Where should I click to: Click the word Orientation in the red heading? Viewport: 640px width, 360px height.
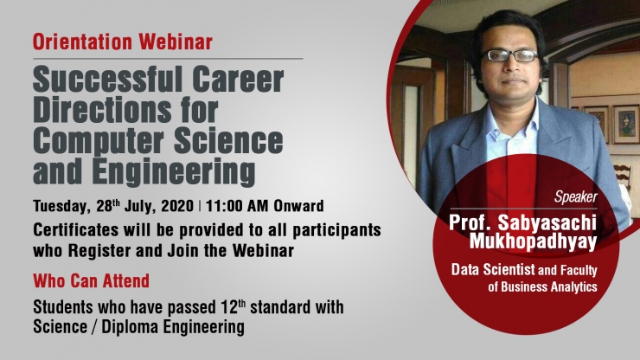coord(82,42)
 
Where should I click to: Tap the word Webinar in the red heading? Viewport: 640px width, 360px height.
coord(176,42)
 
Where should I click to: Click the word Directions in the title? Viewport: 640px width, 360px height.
coord(102,110)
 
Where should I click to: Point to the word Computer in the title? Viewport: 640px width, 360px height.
coord(99,140)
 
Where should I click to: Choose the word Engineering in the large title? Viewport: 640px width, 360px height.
coord(174,172)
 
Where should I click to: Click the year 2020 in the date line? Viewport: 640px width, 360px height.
coord(177,206)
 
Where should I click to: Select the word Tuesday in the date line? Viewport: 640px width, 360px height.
coord(61,206)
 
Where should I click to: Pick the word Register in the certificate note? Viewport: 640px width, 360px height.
coord(99,250)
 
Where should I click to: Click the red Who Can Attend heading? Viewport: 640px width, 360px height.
coord(92,280)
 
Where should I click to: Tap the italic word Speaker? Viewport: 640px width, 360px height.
coord(575,197)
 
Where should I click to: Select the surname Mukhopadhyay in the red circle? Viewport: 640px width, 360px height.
coord(533,241)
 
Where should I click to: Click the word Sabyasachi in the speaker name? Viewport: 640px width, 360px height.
coord(547,222)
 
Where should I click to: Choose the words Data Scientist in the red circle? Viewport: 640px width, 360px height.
coord(493,270)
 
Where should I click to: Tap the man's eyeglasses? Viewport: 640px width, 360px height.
coord(510,55)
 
